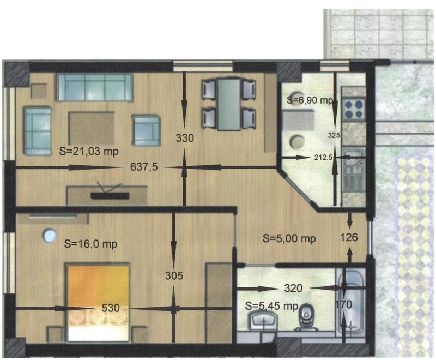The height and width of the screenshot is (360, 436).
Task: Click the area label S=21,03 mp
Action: point(89,152)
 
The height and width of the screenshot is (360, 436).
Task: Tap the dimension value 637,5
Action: point(144,167)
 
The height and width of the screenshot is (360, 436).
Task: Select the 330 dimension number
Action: point(185,138)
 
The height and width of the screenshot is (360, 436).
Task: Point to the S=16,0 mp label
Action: point(90,244)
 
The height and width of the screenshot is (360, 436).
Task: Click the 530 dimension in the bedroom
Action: point(111,308)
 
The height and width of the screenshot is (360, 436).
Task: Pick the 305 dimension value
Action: point(174,275)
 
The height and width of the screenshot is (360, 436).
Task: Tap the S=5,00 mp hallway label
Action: point(289,239)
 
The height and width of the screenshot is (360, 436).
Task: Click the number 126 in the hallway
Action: point(349,237)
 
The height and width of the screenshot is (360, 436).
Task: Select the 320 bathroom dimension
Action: point(293,288)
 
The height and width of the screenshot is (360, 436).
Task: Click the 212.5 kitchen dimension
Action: point(324,158)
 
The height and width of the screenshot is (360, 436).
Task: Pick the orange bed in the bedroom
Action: point(98,303)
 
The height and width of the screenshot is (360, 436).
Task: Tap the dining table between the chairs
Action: point(229,105)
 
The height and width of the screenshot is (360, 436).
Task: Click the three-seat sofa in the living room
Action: point(94,87)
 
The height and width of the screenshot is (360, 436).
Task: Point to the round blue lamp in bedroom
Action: point(50,235)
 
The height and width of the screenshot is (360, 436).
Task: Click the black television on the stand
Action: point(110,195)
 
